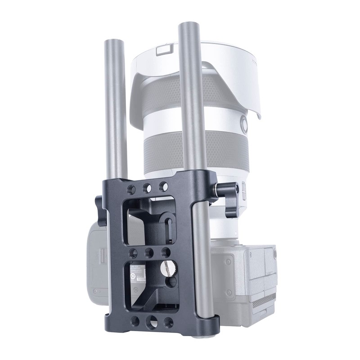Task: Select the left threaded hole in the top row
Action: [131, 187]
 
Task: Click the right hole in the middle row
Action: [166, 252]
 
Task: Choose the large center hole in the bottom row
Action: [152, 323]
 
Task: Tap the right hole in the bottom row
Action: [169, 322]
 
